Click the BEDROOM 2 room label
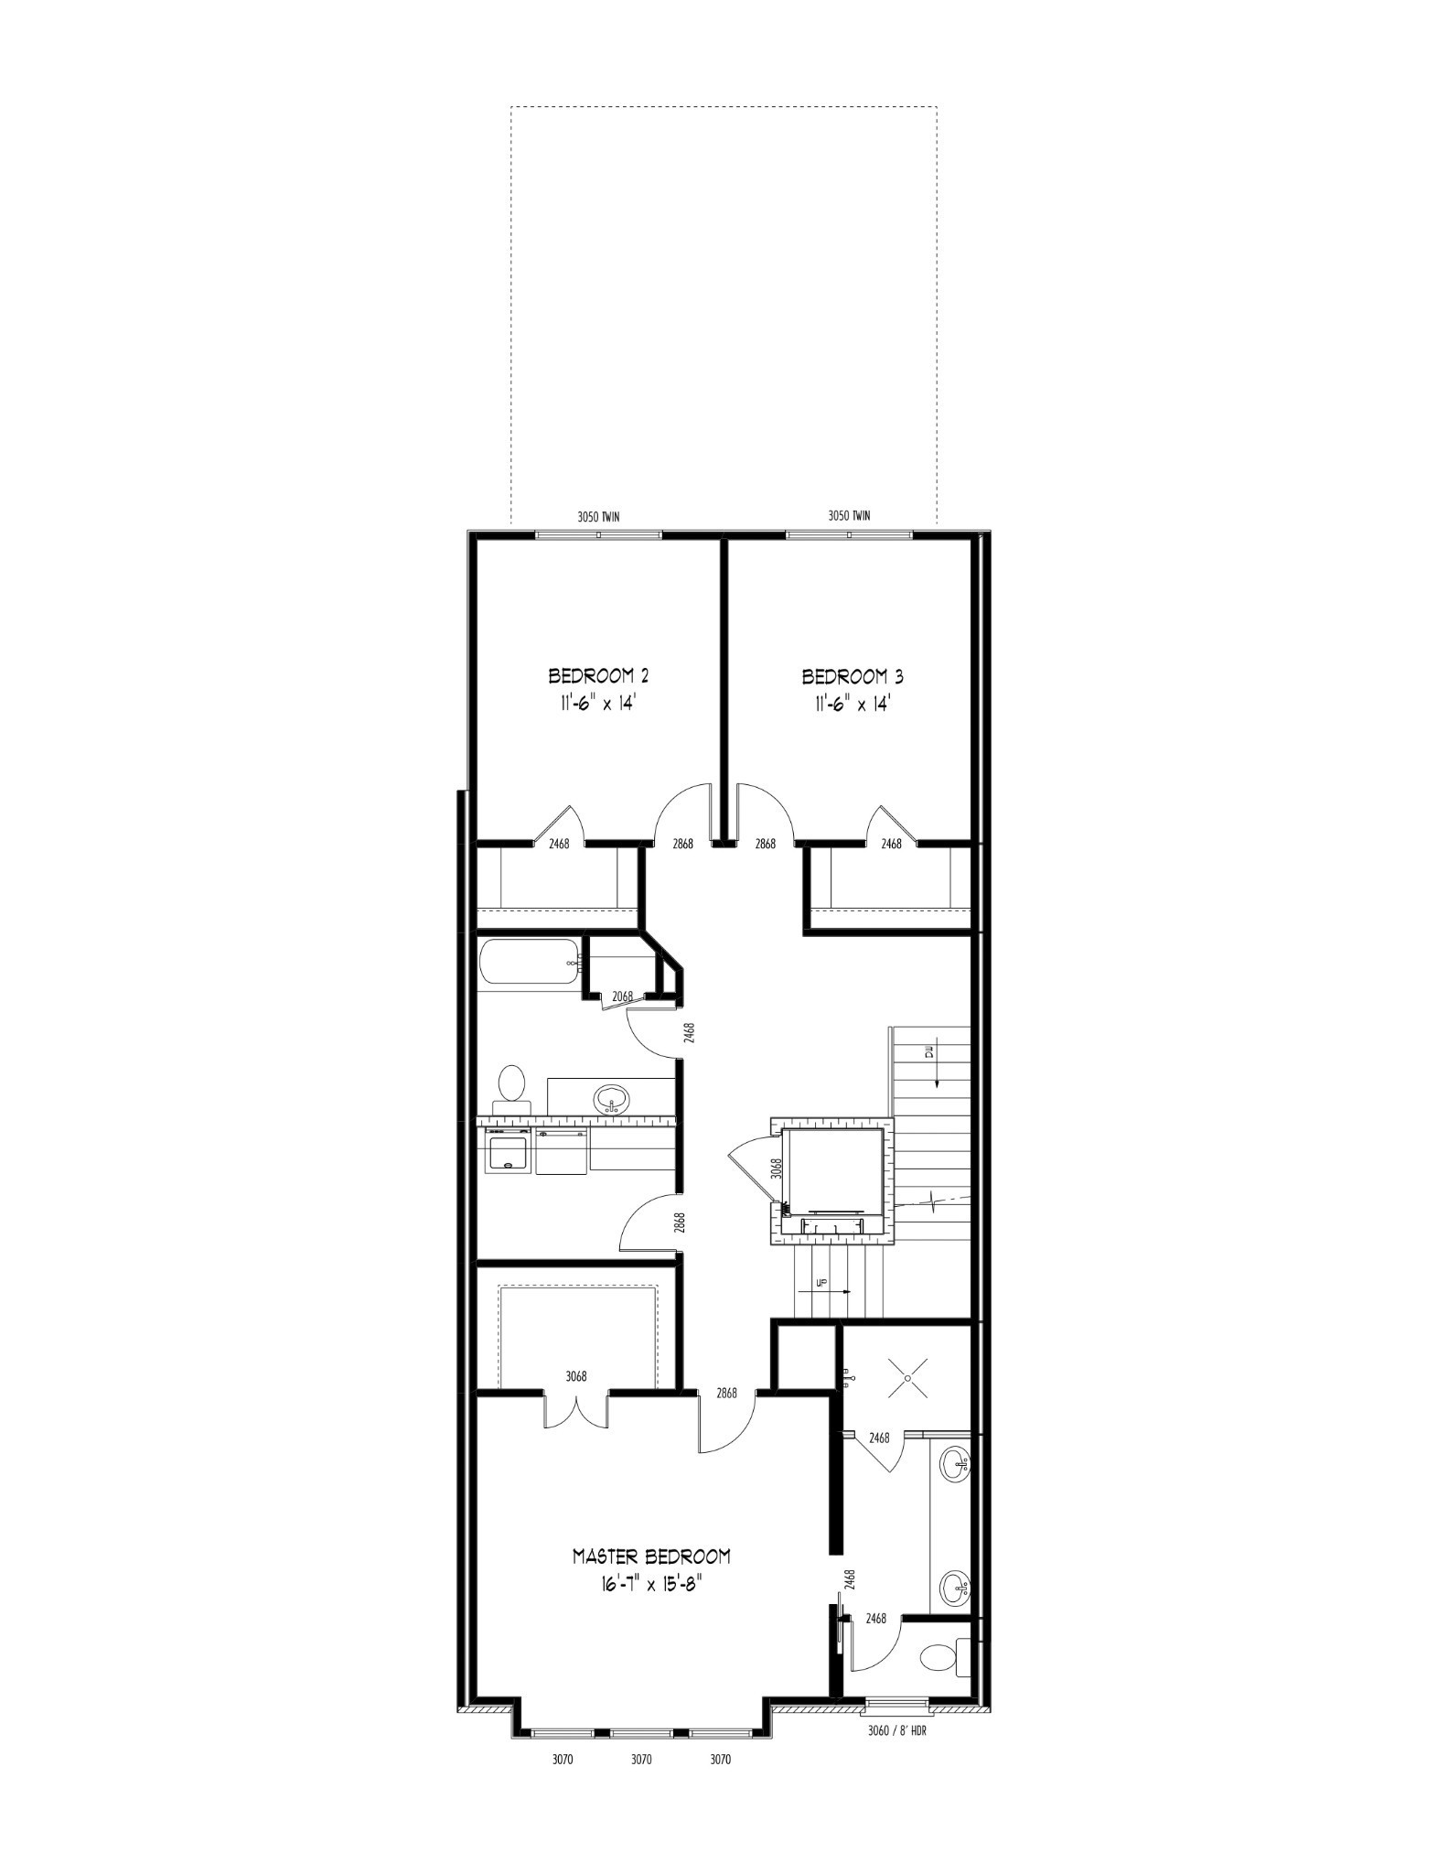598,676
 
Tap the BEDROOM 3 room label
853,677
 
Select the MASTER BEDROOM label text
651,1556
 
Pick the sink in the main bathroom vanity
611,1097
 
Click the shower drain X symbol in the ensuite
908,1376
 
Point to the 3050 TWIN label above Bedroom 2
598,516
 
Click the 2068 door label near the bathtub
623,996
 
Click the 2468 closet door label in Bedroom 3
891,844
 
